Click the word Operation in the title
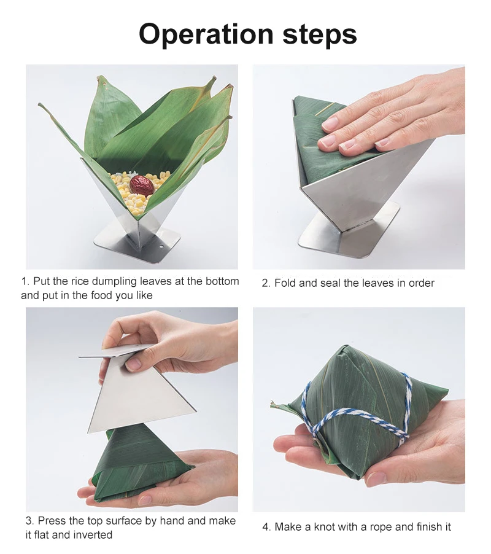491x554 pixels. [x=206, y=34]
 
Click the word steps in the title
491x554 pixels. [x=320, y=36]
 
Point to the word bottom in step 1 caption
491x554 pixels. [x=222, y=281]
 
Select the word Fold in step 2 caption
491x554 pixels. [x=285, y=283]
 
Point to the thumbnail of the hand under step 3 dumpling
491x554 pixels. [x=145, y=500]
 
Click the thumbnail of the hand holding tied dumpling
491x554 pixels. [x=376, y=478]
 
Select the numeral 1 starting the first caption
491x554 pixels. [x=25, y=281]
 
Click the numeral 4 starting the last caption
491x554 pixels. [x=266, y=527]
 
